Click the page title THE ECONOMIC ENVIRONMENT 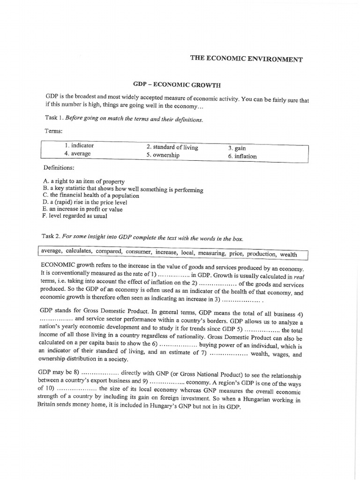pyautogui.click(x=246, y=59)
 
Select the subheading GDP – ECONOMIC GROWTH pyautogui.click(x=177, y=85)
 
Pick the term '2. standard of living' pyautogui.click(x=172, y=147)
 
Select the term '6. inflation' pyautogui.click(x=242, y=156)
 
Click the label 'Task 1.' pyautogui.click(x=53, y=119)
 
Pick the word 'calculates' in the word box pyautogui.click(x=78, y=252)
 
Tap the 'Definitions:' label pyautogui.click(x=59, y=167)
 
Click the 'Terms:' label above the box pyautogui.click(x=53, y=132)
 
